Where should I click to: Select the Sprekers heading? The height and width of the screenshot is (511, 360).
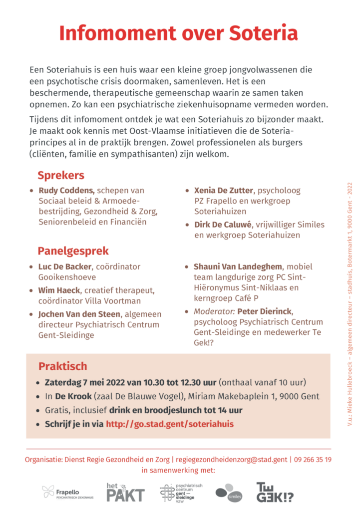[x=61, y=175]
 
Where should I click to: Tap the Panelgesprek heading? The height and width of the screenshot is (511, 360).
[x=73, y=251]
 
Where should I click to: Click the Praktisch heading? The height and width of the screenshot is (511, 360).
[x=62, y=366]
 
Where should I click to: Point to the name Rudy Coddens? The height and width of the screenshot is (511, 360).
[x=66, y=190]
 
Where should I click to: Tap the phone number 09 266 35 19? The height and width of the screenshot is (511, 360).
[x=313, y=460]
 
